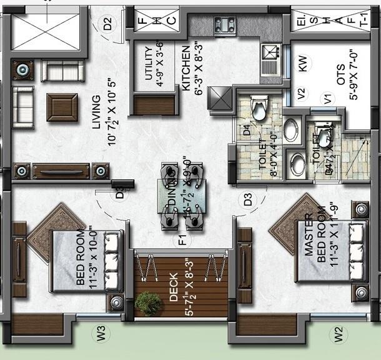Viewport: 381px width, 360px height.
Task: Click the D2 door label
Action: [108, 25]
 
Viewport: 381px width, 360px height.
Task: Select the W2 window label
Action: [339, 334]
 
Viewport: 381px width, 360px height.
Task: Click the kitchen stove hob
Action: [224, 25]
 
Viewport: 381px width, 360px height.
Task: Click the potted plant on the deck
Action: [149, 304]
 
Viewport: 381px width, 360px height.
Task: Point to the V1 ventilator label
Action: [325, 97]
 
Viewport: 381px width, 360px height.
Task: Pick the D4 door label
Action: [247, 131]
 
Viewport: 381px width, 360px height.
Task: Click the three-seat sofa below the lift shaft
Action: [62, 71]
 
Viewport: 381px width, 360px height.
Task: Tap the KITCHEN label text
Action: [186, 69]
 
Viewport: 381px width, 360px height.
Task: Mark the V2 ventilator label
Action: [301, 95]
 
